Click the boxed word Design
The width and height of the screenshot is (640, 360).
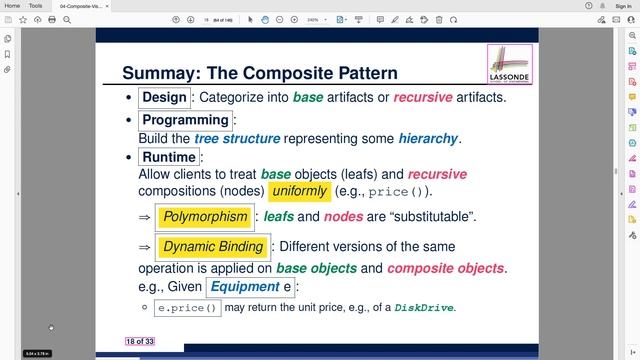(163, 97)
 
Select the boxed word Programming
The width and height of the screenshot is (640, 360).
(185, 120)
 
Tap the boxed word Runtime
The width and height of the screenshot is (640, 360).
(169, 158)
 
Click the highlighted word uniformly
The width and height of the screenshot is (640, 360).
(299, 190)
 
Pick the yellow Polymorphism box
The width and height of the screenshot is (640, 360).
(204, 217)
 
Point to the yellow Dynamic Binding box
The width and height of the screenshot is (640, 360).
(212, 246)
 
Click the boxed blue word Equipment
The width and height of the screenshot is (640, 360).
(244, 287)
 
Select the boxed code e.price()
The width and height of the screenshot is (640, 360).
(187, 308)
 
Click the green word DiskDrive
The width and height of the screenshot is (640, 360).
(424, 308)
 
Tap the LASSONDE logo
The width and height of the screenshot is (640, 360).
(511, 66)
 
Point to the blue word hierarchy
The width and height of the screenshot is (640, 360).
(428, 138)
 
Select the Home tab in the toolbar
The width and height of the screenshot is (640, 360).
(12, 5)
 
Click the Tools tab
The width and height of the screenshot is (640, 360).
(36, 5)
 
